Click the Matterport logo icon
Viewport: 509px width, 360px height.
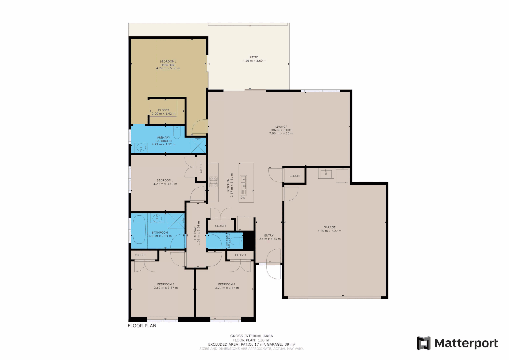424,343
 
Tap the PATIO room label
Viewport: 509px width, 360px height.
254,57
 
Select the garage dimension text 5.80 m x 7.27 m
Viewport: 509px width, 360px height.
329,231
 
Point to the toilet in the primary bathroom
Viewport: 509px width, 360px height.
177,133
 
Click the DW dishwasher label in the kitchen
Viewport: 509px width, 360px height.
243,198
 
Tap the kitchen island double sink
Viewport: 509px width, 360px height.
243,183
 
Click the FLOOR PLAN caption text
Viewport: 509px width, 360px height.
142,326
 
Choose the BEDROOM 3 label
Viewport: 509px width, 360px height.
166,284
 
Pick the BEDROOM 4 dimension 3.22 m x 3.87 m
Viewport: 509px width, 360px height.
227,288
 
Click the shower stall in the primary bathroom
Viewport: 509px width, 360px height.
198,145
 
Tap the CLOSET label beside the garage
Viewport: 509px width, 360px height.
295,176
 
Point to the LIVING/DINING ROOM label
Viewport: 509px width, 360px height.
281,128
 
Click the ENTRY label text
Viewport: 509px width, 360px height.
269,235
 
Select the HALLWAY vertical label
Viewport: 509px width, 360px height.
195,233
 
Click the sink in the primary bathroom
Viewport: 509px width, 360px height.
142,147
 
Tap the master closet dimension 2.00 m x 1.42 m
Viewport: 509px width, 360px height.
163,114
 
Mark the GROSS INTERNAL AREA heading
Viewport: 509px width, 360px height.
251,336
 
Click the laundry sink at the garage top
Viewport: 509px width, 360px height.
326,174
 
